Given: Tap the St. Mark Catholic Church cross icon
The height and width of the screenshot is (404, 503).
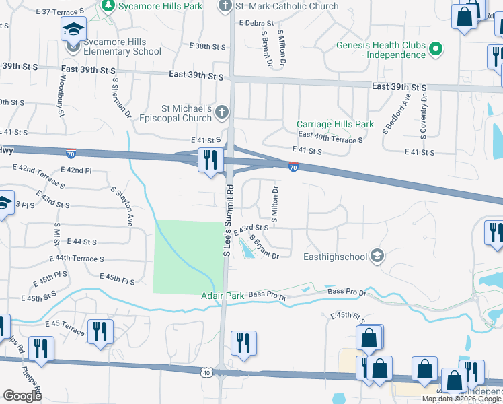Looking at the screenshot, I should pos(226,6).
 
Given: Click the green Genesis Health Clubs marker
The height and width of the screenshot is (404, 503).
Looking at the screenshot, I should pos(436,48).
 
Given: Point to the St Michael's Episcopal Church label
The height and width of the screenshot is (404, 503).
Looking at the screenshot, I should pos(186,112).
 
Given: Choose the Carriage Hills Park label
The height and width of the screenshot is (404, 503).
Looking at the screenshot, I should pos(335,124).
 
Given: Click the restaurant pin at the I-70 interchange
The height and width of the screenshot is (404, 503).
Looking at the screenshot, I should pos(210,160).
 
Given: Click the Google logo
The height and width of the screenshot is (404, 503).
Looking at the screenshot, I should pos(22,395).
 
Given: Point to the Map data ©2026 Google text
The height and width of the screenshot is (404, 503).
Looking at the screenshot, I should pos(461,399).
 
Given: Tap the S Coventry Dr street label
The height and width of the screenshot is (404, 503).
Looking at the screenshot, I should pos(424,116).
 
